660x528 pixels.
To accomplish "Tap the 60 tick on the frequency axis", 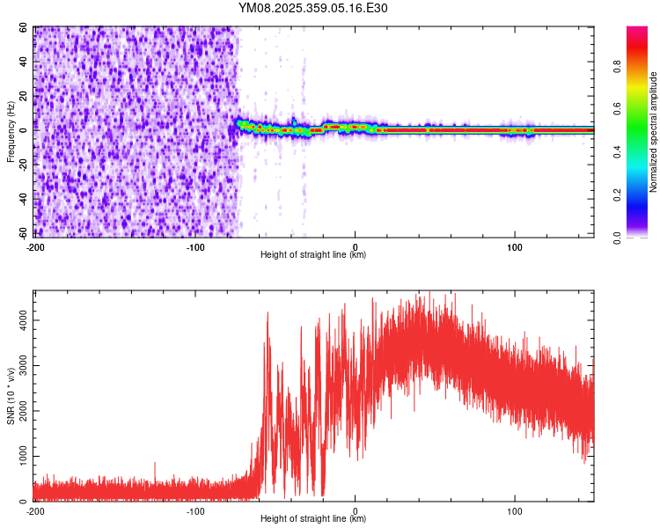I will click(x=24, y=28).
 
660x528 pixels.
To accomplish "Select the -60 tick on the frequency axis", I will click(x=24, y=233).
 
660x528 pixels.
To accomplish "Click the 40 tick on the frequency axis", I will click(x=24, y=62).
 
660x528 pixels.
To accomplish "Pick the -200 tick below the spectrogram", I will click(x=35, y=246).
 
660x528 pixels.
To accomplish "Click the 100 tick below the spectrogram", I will click(x=515, y=246).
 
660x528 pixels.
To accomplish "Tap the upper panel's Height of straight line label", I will click(x=313, y=255).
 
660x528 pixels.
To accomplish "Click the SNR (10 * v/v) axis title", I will click(x=11, y=395).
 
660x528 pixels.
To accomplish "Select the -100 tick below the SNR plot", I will click(x=195, y=510).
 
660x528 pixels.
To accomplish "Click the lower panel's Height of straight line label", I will click(x=313, y=519).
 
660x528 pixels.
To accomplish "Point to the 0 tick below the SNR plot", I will click(x=356, y=510).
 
